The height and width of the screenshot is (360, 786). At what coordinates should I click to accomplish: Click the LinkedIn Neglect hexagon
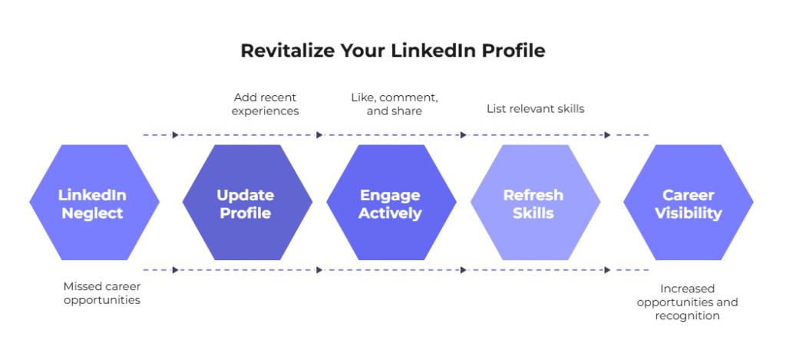click(x=94, y=203)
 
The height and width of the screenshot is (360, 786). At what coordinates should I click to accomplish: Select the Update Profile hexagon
click(x=247, y=203)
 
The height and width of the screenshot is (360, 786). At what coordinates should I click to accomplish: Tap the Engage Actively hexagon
click(x=391, y=203)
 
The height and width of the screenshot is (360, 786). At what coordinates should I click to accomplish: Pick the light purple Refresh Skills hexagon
click(x=535, y=203)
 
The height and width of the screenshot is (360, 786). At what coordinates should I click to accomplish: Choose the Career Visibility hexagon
click(x=689, y=203)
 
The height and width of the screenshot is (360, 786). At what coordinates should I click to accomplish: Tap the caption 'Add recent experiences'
click(x=265, y=104)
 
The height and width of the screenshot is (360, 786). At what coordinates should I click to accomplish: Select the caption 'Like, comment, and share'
click(x=395, y=104)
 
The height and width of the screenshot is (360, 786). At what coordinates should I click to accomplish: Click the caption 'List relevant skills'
click(x=535, y=108)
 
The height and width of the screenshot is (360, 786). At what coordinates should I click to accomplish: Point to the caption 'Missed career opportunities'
click(x=102, y=293)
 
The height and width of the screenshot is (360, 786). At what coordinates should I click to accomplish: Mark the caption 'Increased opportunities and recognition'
click(x=687, y=302)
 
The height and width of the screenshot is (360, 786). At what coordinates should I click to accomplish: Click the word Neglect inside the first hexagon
click(x=92, y=213)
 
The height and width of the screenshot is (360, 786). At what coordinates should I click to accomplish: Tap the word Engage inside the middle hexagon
click(x=390, y=194)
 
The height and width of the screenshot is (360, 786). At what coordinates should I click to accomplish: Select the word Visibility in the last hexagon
click(x=689, y=213)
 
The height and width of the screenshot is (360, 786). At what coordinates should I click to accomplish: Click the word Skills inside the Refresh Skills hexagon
click(x=533, y=213)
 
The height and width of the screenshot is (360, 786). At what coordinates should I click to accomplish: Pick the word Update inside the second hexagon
click(x=246, y=194)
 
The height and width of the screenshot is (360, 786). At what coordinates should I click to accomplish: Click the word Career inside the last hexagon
click(x=689, y=194)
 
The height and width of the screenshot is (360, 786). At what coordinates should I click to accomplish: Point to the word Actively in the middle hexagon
click(x=390, y=213)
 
